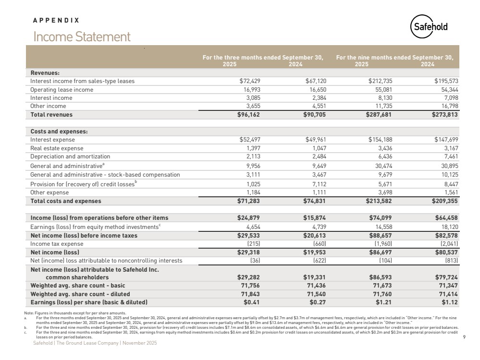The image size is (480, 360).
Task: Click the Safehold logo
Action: [430, 27]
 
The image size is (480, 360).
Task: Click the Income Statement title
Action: [82, 37]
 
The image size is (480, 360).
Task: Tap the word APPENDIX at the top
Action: [56, 21]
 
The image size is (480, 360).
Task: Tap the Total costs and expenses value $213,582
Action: [381, 201]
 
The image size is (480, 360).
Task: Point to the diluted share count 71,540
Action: [313, 294]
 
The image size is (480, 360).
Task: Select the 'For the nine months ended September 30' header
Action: [394, 58]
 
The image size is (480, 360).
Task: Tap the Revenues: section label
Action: [45, 73]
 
